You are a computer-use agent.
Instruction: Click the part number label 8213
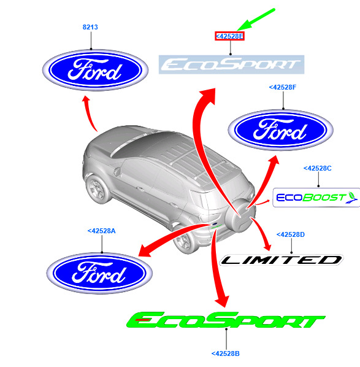90,27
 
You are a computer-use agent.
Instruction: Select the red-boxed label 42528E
229,36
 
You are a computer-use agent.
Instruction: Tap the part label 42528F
283,87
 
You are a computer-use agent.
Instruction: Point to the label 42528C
318,168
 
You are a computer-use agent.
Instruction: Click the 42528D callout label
291,234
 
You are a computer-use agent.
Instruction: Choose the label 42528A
102,231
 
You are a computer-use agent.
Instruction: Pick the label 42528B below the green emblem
226,353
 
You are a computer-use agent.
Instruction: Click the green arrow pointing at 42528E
256,20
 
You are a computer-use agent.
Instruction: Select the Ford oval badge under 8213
96,70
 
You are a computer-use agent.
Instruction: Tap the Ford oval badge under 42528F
280,130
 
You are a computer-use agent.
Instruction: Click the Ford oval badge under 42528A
99,273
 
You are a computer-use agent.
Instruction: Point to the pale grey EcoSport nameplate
231,64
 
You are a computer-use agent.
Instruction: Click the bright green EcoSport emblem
226,320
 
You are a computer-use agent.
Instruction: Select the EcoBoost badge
316,198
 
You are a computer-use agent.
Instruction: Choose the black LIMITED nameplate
281,260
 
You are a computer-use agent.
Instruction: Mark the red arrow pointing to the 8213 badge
90,113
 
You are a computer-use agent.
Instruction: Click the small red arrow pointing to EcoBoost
262,203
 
